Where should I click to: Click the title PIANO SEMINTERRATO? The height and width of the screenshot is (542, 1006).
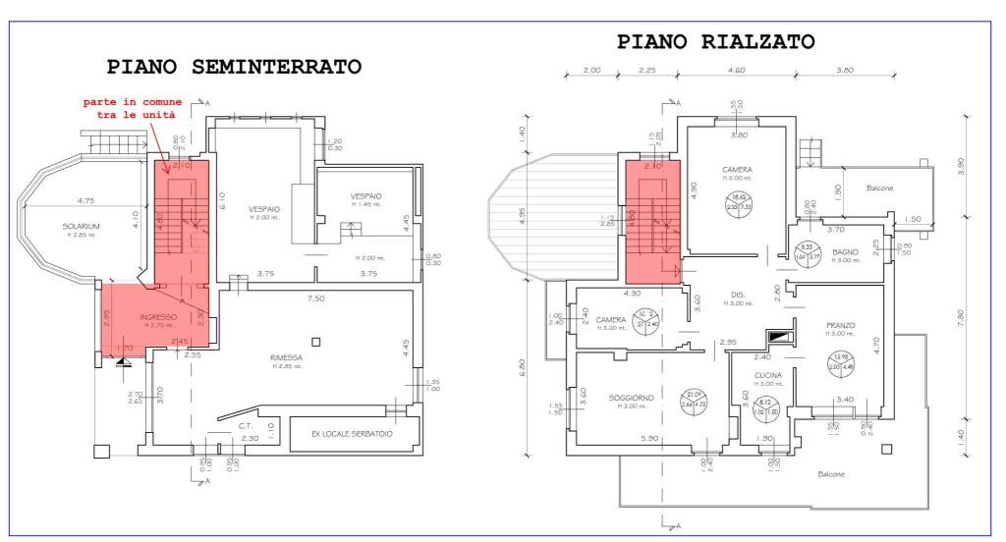234,67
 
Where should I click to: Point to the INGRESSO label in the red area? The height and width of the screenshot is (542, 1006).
157,317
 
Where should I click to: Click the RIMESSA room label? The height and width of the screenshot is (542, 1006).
286,357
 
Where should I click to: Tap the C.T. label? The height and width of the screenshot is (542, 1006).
246,426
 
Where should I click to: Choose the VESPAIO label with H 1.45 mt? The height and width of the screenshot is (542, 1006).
366,196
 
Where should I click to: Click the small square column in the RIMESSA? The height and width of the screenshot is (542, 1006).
314,341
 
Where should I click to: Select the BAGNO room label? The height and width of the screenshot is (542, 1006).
846,252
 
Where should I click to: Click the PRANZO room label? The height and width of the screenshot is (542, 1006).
841,325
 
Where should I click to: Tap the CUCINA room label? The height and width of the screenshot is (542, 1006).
767,376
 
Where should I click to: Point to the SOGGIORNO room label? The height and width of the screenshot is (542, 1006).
628,398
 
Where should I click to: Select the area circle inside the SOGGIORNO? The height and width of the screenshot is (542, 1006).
696,399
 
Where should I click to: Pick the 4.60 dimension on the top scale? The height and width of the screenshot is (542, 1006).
735,71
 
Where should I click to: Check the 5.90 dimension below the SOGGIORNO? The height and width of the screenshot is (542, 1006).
649,438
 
